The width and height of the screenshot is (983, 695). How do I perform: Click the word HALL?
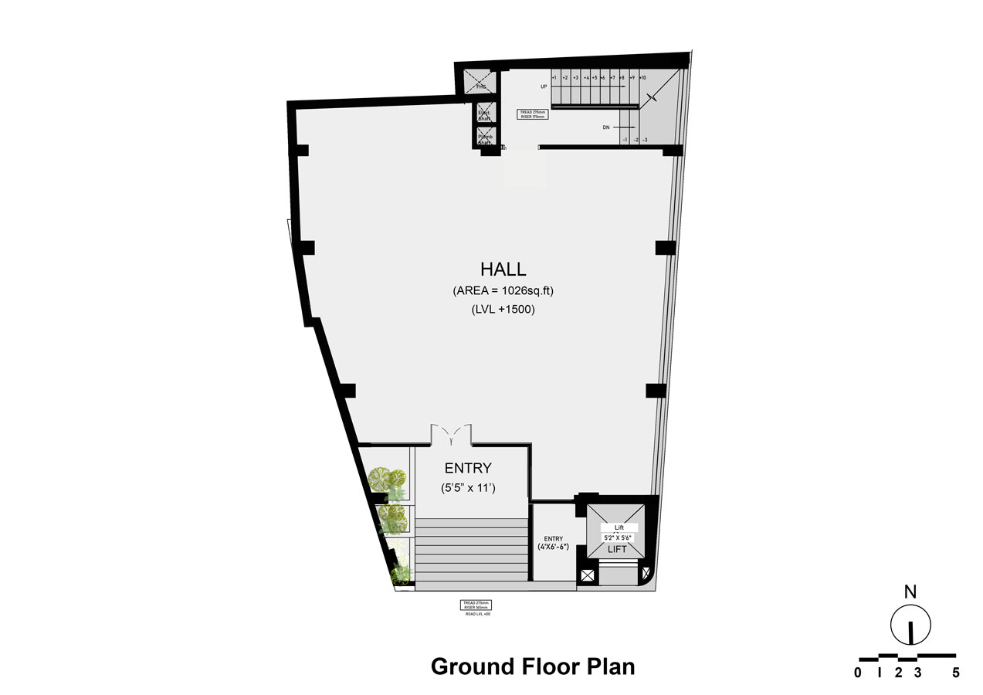[503, 270]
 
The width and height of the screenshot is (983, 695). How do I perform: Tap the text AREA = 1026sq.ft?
[504, 291]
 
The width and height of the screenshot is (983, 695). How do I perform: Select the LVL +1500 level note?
[503, 310]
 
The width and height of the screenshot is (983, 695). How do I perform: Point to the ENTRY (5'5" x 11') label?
[468, 477]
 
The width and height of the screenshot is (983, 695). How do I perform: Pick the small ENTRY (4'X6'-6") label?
[553, 543]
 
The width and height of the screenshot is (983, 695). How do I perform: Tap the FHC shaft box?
[480, 82]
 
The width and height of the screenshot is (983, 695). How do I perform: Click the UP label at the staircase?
[544, 86]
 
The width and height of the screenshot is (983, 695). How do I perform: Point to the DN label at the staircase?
[607, 127]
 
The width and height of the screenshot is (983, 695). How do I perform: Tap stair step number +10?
[642, 78]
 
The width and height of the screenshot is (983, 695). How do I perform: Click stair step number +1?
[554, 78]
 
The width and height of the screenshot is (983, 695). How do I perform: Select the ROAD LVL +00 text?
[476, 614]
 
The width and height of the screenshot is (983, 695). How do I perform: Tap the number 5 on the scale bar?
[956, 673]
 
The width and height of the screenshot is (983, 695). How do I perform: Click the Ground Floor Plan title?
[533, 666]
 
